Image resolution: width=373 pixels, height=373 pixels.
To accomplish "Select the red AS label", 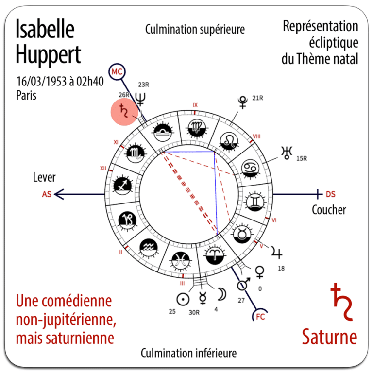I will (47, 194).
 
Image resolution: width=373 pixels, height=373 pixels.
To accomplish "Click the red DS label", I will (330, 194).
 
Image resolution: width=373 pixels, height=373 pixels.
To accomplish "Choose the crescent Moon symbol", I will (221, 294).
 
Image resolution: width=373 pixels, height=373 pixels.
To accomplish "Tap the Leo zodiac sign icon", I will (227, 141).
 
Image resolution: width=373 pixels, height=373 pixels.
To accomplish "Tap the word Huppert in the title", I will (48, 55).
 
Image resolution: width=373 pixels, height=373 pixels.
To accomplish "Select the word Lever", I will (45, 177).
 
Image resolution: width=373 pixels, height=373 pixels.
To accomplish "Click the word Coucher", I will (329, 210).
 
